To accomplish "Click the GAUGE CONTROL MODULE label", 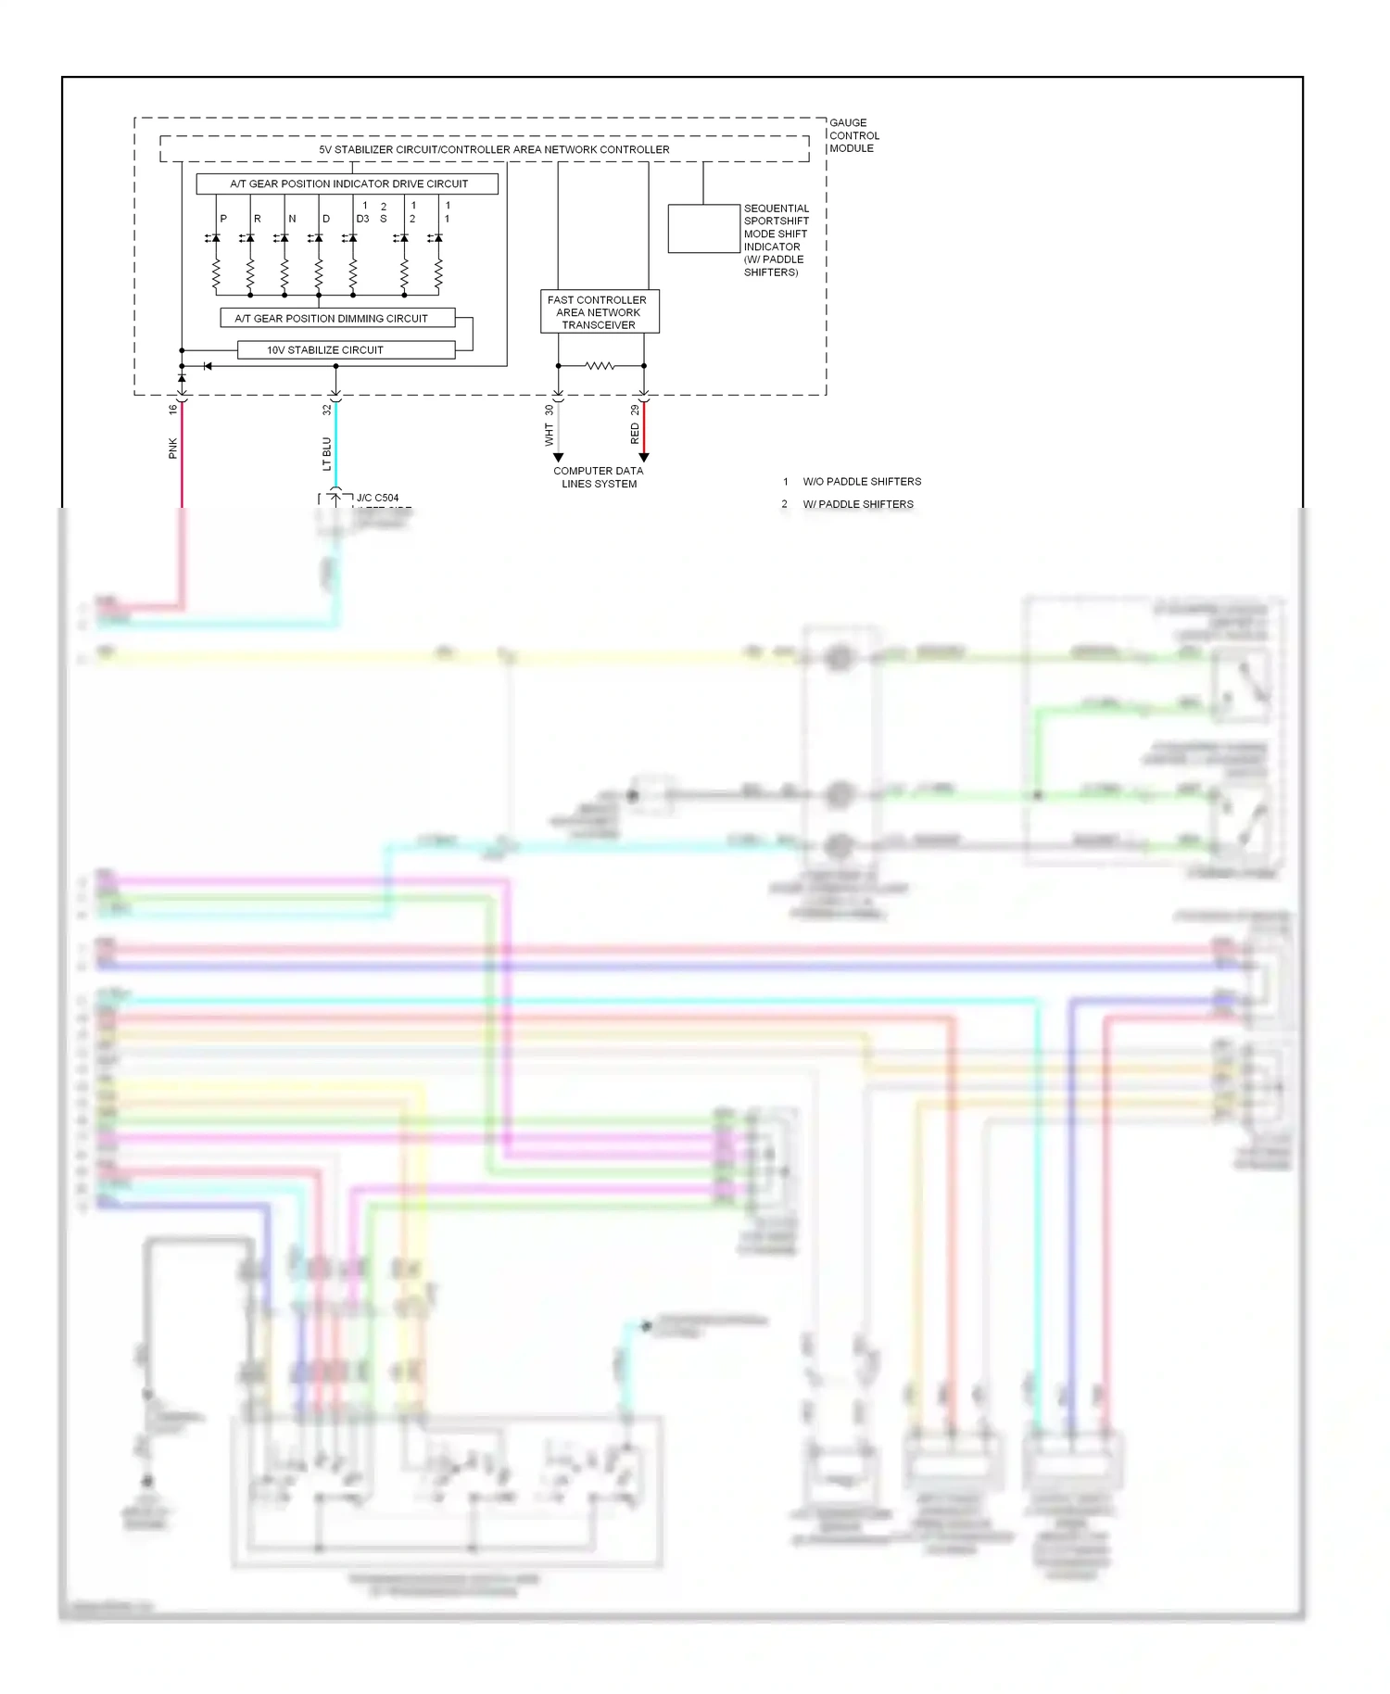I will (853, 135).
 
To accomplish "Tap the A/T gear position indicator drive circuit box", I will (347, 183).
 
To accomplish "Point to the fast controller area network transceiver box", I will (599, 312).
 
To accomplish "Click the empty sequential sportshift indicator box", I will (703, 228).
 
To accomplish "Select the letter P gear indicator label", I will (223, 219).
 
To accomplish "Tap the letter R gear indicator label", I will (258, 219).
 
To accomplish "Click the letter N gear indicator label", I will (292, 219).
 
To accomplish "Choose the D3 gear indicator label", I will (362, 219).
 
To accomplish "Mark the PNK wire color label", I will (173, 449).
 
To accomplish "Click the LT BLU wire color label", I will (327, 454).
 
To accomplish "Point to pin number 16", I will (173, 409).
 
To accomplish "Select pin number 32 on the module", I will (327, 409).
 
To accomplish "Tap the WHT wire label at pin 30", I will (549, 435).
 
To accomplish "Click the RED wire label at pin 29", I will (635, 433).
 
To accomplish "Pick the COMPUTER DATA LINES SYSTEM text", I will (599, 477).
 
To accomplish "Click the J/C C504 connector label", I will (377, 498).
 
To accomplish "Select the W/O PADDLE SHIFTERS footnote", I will (861, 482).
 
